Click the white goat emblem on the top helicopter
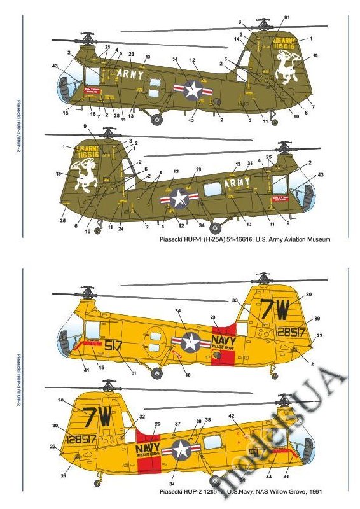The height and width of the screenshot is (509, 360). (289, 66)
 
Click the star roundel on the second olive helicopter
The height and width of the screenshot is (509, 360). (178, 199)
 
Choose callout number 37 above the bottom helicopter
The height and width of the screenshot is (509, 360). (177, 424)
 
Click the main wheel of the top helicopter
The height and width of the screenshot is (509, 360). (156, 117)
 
